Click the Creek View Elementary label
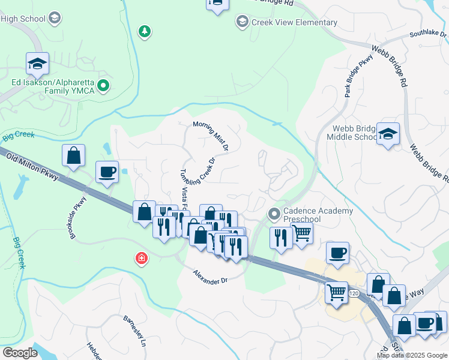(295, 23)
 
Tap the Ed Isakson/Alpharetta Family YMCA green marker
(103, 86)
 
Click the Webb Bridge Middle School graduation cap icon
(388, 134)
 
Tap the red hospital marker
(142, 259)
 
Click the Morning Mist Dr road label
(211, 136)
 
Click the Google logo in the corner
(20, 352)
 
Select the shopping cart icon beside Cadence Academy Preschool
(301, 233)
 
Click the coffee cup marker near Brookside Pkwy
(107, 172)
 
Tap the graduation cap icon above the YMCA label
(37, 63)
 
